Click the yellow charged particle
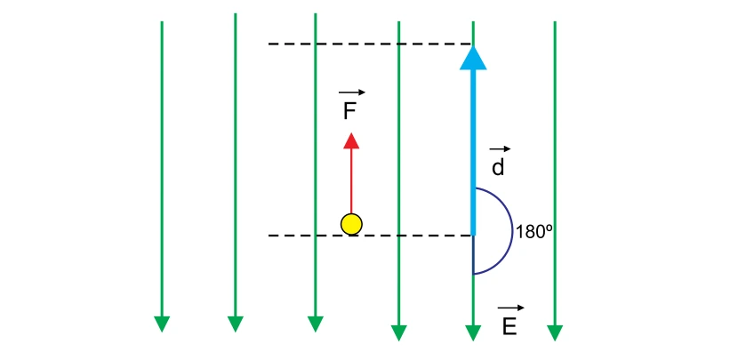pyautogui.click(x=351, y=224)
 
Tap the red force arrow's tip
pyautogui.click(x=351, y=133)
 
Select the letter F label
pyautogui.click(x=349, y=112)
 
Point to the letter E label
pyautogui.click(x=509, y=326)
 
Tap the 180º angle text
pyautogui.click(x=534, y=232)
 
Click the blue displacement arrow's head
pyautogui.click(x=473, y=58)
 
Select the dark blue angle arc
pyautogui.click(x=512, y=231)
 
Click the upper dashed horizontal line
pyautogui.click(x=371, y=44)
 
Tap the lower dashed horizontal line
pyautogui.click(x=371, y=236)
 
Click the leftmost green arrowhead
pyautogui.click(x=162, y=324)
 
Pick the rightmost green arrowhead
pyautogui.click(x=555, y=332)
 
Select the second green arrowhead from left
pyautogui.click(x=236, y=324)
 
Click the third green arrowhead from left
pyautogui.click(x=316, y=324)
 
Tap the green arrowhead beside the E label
pyautogui.click(x=473, y=332)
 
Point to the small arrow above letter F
pyautogui.click(x=351, y=92)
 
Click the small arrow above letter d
pyautogui.click(x=500, y=149)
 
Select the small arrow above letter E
pyautogui.click(x=510, y=308)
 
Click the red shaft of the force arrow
pyautogui.click(x=351, y=181)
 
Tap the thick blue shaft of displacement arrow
pyautogui.click(x=473, y=152)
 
